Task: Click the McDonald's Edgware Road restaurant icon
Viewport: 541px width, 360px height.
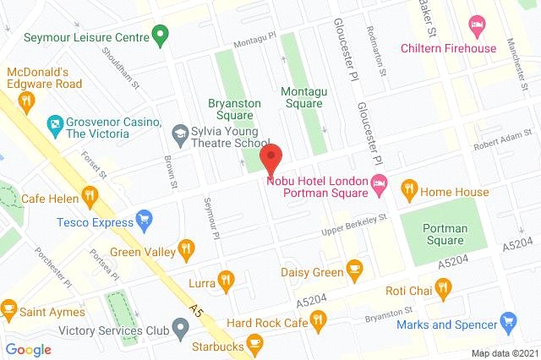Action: click(x=26, y=102)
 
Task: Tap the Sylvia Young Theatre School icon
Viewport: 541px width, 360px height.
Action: click(x=179, y=133)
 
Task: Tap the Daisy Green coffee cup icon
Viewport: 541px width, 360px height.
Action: click(x=355, y=271)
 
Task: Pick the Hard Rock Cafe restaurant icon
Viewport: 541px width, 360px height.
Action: click(x=318, y=319)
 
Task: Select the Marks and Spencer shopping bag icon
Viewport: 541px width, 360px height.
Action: click(x=508, y=322)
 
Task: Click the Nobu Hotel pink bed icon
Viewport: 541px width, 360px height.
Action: click(x=380, y=182)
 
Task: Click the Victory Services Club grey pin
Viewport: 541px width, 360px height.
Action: click(x=179, y=326)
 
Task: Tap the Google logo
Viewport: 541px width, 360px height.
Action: click(x=29, y=349)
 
